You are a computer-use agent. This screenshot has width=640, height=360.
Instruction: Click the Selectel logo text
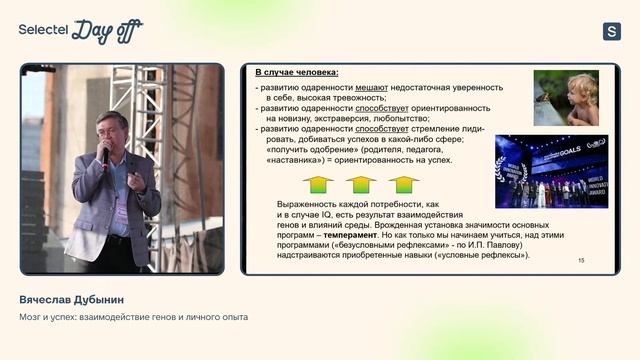[41, 30]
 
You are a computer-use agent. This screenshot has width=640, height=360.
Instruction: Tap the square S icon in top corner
[612, 31]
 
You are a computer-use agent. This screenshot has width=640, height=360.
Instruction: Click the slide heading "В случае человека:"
[296, 73]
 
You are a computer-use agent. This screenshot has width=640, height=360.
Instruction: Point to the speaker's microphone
[105, 155]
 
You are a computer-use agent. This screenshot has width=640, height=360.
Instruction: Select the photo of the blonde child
[566, 98]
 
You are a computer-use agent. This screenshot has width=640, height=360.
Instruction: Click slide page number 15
[581, 260]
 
